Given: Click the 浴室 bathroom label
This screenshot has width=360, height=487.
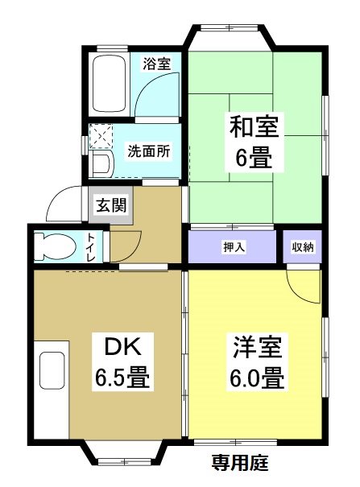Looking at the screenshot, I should click(x=156, y=64).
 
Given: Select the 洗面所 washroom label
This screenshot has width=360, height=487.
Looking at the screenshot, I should click(x=149, y=151).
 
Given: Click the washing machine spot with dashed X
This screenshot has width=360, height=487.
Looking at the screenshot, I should click(x=103, y=138).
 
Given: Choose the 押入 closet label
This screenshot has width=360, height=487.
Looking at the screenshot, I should click(x=234, y=246).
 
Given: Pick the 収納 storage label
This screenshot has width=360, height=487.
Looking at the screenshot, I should click(x=303, y=246).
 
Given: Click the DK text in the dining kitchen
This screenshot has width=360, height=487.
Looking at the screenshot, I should click(x=122, y=348).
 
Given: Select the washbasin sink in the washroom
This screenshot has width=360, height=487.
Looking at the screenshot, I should click(x=101, y=164).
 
